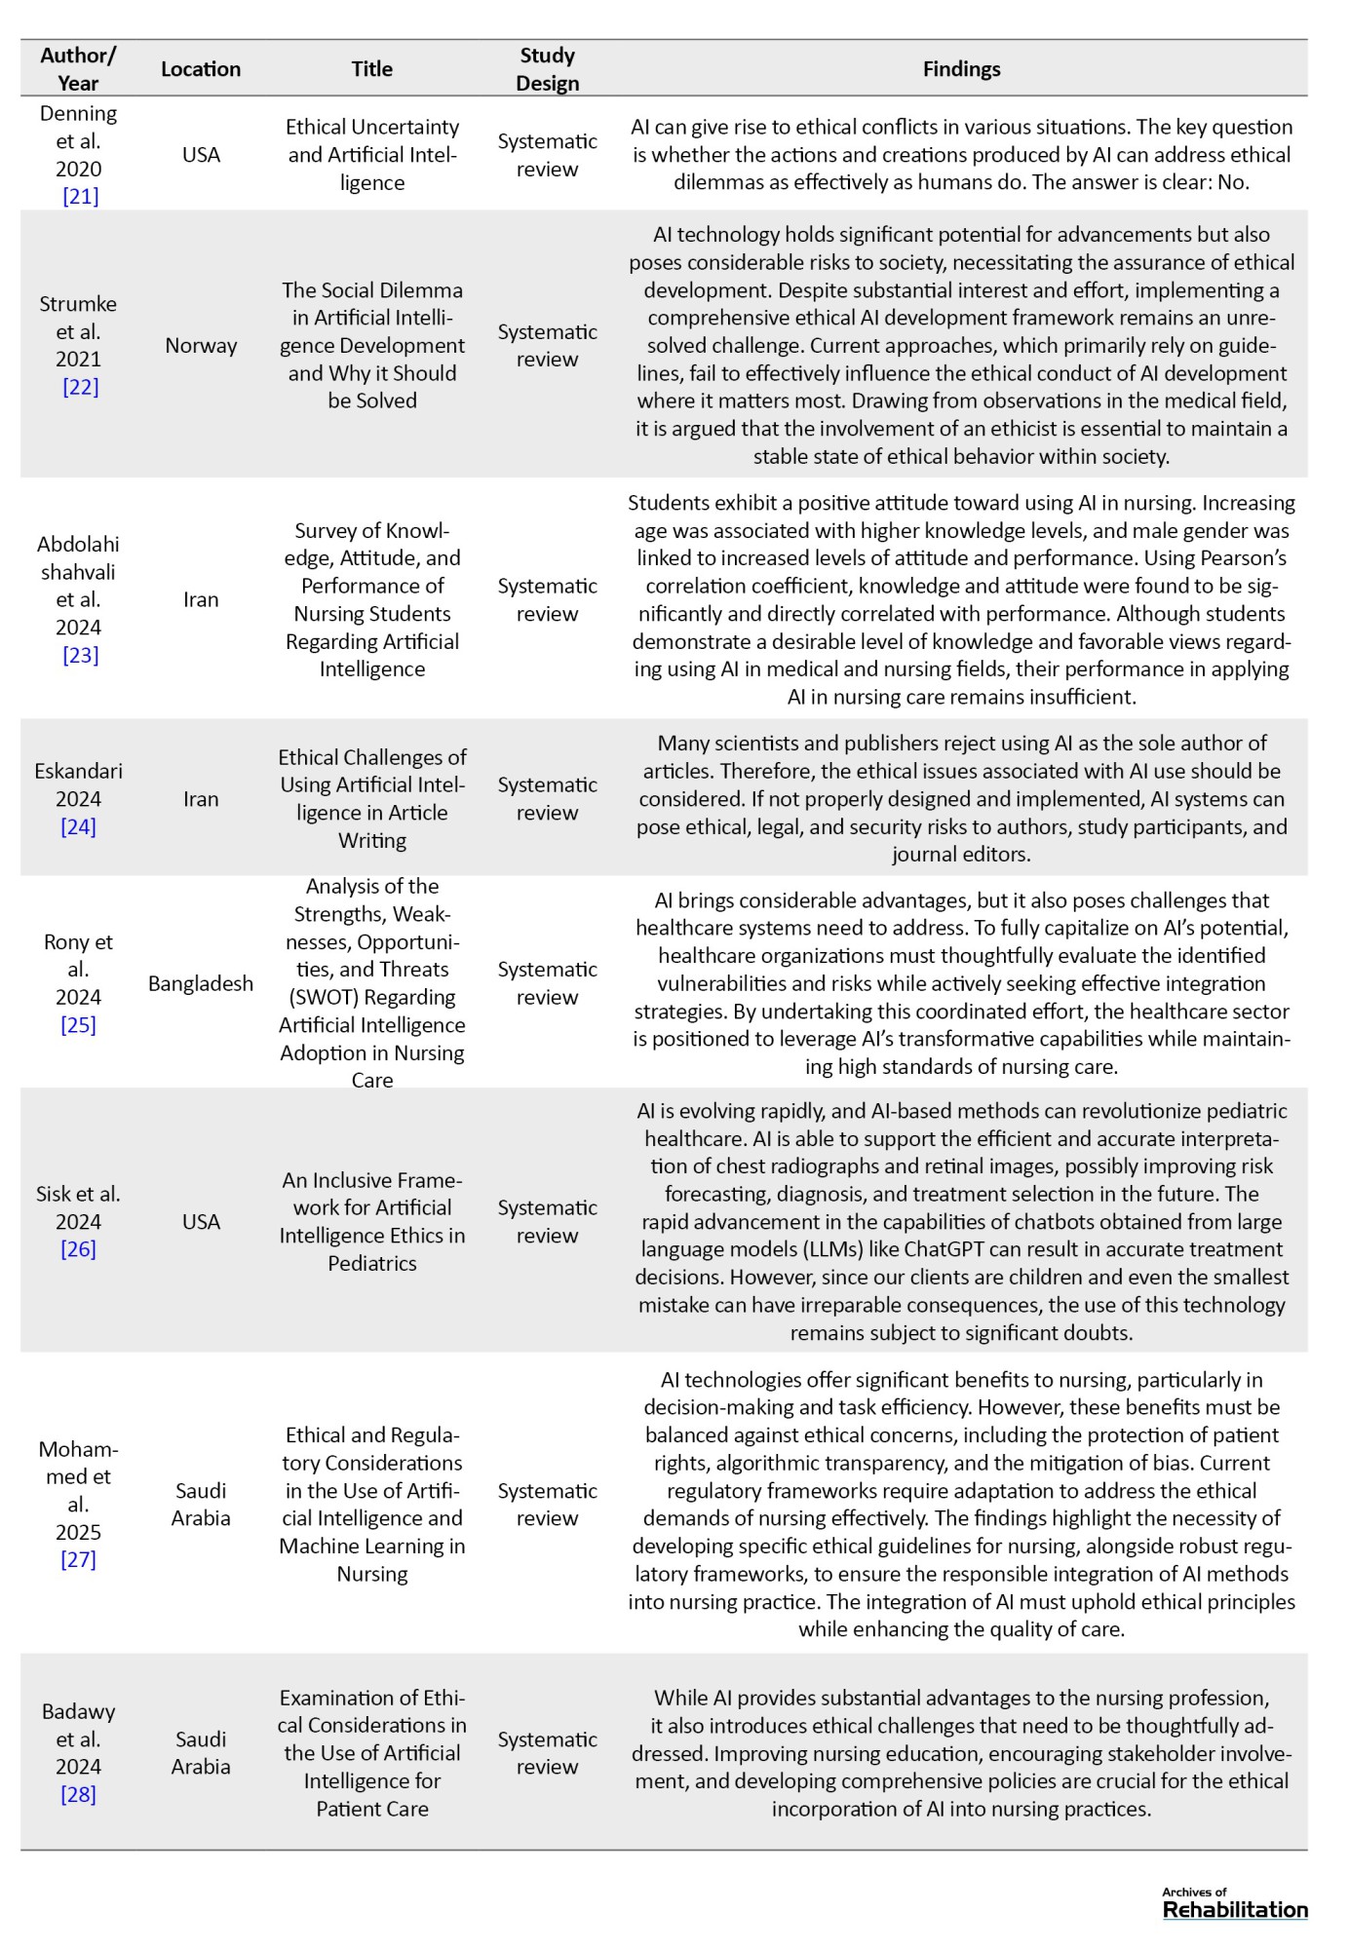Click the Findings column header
[x=961, y=69]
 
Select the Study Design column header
[x=547, y=69]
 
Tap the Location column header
[x=201, y=69]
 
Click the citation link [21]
[x=80, y=196]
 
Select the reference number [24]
[x=78, y=826]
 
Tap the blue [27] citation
[x=78, y=1559]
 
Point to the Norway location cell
[x=201, y=345]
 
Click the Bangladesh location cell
[x=201, y=983]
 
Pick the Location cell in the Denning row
[x=201, y=154]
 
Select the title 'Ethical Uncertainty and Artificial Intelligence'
[x=372, y=154]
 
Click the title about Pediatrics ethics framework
[x=372, y=1221]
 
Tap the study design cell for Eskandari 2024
[x=547, y=798]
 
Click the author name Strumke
[x=78, y=304]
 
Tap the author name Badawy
[x=78, y=1711]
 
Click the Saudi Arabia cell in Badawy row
[x=201, y=1753]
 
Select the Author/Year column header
[x=78, y=69]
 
